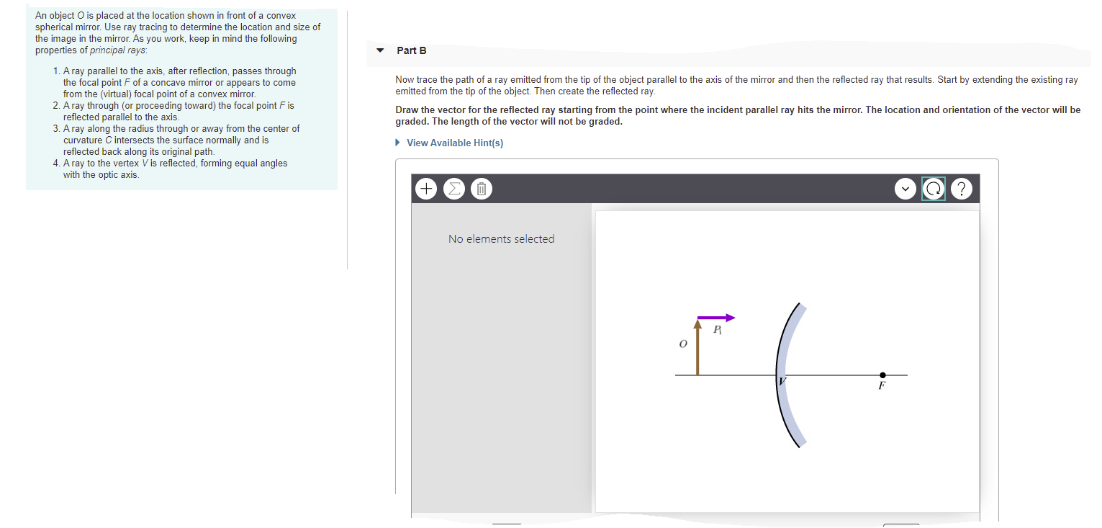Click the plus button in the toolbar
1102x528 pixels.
(426, 189)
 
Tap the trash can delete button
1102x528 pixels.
(482, 189)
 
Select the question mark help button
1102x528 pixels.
(962, 189)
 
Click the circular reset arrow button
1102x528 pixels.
(933, 189)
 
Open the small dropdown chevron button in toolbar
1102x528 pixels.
(905, 189)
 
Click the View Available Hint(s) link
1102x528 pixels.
(454, 143)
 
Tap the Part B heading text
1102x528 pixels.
(412, 50)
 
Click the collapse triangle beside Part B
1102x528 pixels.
(381, 50)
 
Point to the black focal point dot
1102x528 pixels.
(882, 375)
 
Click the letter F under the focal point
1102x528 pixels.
(881, 386)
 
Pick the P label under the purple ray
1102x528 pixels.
(717, 330)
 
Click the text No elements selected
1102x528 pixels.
(501, 239)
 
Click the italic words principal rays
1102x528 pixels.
(118, 50)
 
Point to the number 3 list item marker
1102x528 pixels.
(55, 128)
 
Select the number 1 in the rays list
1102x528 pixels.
(55, 71)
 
